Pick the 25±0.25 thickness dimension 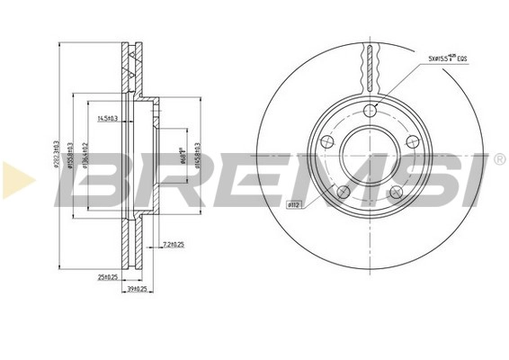(x=110, y=275)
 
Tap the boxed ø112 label (x=293, y=203)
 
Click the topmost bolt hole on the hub (x=370, y=110)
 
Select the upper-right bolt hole (x=413, y=141)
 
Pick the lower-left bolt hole (x=344, y=192)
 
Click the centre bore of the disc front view (x=370, y=155)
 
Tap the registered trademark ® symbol (x=497, y=159)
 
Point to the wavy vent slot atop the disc (x=370, y=63)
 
